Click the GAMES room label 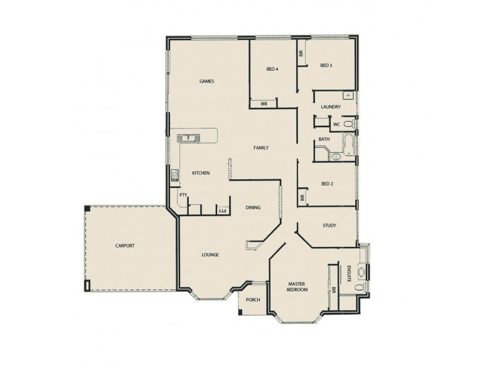[x=207, y=81]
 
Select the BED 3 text [x=326, y=65]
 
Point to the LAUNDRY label [x=330, y=107]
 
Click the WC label [x=336, y=124]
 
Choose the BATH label [x=324, y=139]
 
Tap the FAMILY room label [x=261, y=148]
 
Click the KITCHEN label [x=200, y=173]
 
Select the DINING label [x=253, y=207]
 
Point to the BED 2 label [x=326, y=184]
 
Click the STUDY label [x=329, y=226]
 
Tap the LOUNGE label [x=210, y=254]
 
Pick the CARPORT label [x=125, y=246]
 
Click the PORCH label [x=253, y=300]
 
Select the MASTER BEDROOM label [x=297, y=287]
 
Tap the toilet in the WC [x=349, y=125]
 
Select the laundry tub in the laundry [x=347, y=95]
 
